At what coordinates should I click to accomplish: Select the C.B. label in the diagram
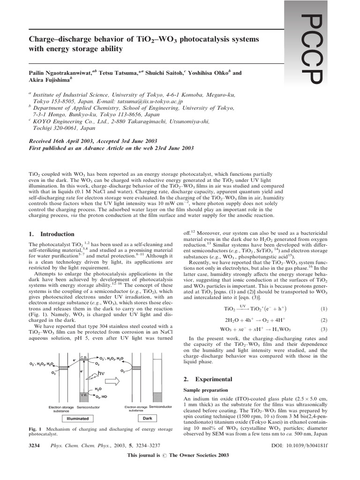[x=82, y=357]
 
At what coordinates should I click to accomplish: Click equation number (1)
[x=323, y=308]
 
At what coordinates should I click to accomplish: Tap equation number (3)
[x=323, y=329]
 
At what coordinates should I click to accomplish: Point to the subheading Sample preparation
[x=202, y=390]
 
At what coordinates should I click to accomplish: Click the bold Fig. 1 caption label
[x=36, y=429]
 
